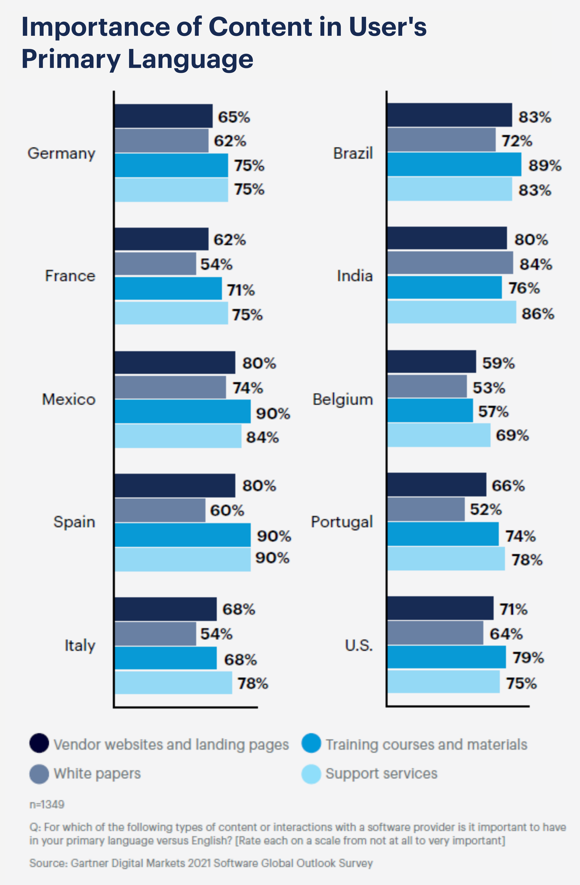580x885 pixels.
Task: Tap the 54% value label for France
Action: [216, 264]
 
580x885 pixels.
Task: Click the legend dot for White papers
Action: [39, 774]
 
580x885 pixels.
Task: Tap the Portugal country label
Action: [342, 522]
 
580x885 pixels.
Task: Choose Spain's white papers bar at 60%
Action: [160, 510]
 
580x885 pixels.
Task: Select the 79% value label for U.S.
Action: [528, 658]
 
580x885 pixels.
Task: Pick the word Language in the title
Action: [190, 59]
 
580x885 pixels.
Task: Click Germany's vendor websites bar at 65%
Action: [163, 116]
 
